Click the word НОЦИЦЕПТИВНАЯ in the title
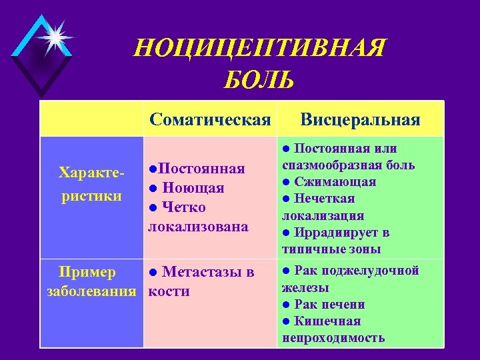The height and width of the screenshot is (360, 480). [259, 49]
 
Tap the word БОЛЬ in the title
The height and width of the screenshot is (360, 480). [259, 81]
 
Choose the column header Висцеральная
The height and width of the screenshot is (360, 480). [360, 119]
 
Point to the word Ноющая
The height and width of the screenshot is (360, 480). [193, 188]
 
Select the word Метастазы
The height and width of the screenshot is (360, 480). [199, 272]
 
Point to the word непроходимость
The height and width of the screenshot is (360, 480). [333, 337]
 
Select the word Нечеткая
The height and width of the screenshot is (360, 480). [325, 199]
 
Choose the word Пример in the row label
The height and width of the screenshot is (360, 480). [87, 272]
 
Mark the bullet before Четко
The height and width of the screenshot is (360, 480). [153, 207]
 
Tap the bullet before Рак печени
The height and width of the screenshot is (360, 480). [285, 305]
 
